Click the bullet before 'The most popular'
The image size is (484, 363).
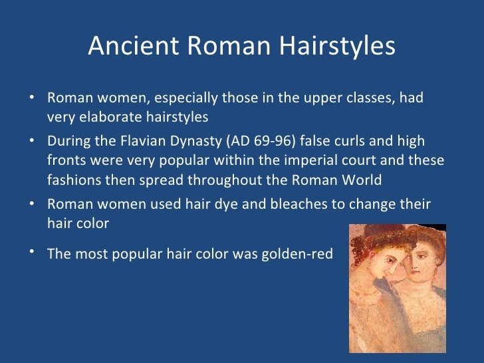click(32, 251)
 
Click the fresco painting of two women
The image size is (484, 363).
click(397, 287)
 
